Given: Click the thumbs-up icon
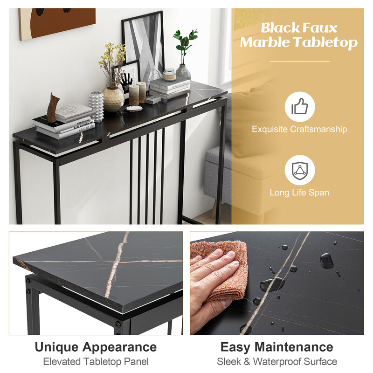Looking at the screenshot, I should point(299,107).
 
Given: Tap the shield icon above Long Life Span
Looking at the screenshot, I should point(299,170).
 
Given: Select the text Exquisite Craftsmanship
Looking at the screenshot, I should point(299,129).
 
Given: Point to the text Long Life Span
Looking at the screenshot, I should point(299,192).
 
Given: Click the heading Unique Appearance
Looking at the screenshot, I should point(96,347).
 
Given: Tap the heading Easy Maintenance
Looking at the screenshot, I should point(276,347).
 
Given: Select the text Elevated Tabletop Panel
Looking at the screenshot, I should point(96,361).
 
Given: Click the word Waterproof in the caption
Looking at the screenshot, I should point(277,361).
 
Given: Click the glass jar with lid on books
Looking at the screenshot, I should point(169,74).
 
